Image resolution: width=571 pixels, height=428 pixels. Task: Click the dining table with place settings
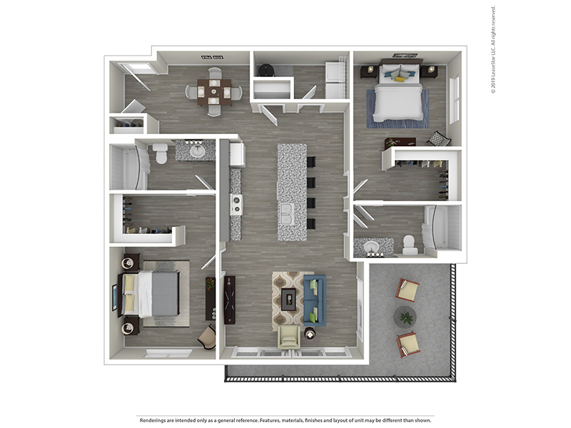[214, 93]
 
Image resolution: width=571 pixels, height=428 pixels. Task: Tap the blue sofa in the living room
[315, 300]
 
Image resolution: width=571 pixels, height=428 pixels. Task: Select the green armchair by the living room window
[289, 338]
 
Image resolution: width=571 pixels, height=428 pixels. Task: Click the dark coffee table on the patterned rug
[288, 299]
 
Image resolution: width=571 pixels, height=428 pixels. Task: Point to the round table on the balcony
[405, 317]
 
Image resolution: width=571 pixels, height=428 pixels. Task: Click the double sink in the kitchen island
[288, 214]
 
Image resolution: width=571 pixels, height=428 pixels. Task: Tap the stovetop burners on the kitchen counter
[236, 204]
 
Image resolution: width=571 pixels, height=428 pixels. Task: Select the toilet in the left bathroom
[160, 153]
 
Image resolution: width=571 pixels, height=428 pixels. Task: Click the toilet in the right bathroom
[410, 245]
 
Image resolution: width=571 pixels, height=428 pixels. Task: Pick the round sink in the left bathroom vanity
[198, 151]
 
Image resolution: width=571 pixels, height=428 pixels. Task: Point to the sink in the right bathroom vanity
[371, 247]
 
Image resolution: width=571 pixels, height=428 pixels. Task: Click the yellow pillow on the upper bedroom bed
[400, 79]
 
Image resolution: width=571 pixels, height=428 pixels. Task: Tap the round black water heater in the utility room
[266, 70]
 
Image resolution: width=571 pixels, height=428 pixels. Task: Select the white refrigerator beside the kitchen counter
[237, 154]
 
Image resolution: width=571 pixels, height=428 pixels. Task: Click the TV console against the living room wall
[229, 300]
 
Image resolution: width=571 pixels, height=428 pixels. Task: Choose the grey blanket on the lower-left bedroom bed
[165, 294]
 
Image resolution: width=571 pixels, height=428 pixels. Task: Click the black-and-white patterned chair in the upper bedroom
[439, 138]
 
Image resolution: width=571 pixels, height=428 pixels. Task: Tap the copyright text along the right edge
[493, 50]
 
